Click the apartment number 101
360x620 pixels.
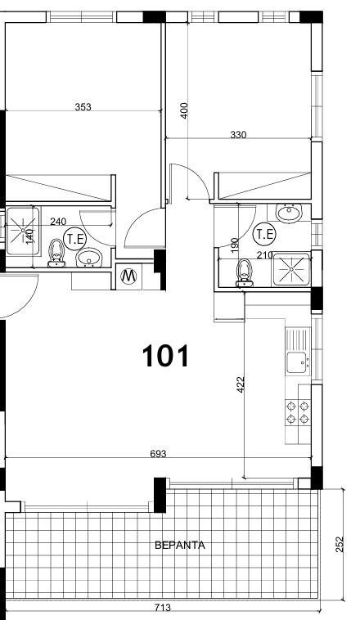(165, 356)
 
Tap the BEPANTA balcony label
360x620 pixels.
(180, 546)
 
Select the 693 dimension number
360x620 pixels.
(158, 453)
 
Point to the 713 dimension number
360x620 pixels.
(162, 607)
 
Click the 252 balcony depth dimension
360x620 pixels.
(341, 544)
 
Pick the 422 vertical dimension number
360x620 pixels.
(240, 384)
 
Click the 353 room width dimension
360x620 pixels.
(83, 107)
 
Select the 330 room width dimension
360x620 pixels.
(238, 135)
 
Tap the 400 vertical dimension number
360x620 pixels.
(184, 110)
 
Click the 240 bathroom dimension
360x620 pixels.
(59, 222)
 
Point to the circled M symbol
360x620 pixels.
(128, 276)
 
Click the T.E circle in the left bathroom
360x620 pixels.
(75, 239)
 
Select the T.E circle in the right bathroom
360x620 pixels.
(264, 234)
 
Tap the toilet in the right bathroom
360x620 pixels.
(244, 272)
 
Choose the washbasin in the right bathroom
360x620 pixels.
(289, 213)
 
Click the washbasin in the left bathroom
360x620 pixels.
(89, 258)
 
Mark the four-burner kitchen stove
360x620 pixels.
(298, 412)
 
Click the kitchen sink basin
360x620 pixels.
(296, 362)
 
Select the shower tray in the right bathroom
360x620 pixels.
(291, 269)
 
